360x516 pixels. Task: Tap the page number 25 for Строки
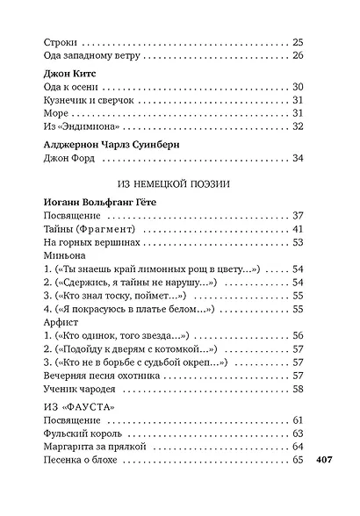297,42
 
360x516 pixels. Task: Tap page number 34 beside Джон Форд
297,158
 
